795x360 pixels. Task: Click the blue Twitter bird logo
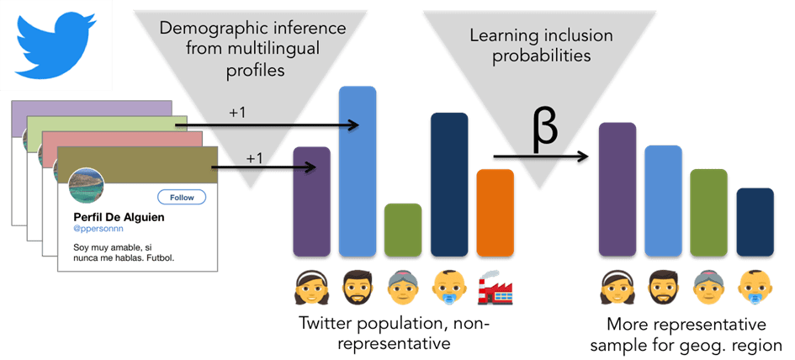[56, 43]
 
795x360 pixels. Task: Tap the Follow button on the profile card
[182, 197]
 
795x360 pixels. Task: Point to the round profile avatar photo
[86, 187]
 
